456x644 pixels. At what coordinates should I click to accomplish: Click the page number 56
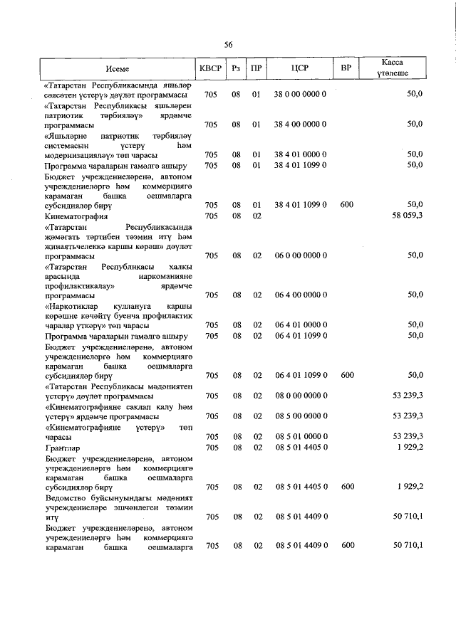[229, 45]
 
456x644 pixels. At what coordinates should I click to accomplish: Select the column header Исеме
[118, 68]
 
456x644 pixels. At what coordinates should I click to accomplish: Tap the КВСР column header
[210, 68]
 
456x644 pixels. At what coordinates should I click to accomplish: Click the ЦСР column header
[300, 68]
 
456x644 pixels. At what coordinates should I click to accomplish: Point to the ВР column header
[346, 68]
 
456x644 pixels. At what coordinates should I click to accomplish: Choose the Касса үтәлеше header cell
[393, 68]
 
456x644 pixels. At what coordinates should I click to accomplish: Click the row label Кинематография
[76, 216]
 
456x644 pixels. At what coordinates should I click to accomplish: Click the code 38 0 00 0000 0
[300, 95]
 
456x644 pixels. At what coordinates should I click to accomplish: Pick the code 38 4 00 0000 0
[300, 125]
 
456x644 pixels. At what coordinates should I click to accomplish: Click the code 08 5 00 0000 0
[300, 416]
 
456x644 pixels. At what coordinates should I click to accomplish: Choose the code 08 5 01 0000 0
[300, 436]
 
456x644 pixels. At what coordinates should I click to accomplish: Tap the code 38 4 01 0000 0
[300, 154]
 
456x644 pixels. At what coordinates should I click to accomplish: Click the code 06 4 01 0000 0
[300, 324]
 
